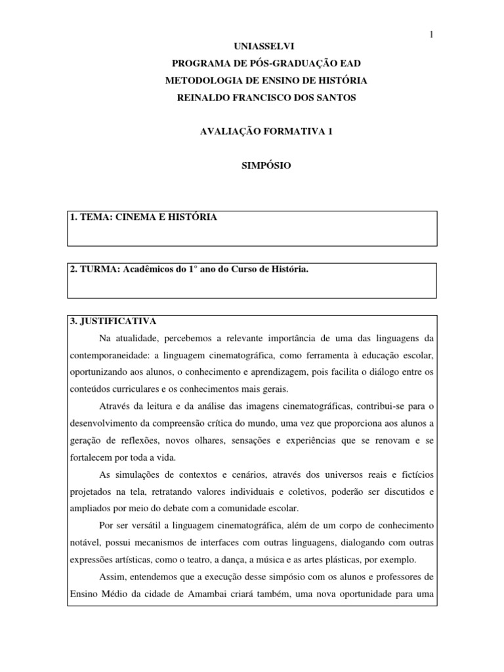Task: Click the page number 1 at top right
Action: point(432,34)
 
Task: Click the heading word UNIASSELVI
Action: point(251,47)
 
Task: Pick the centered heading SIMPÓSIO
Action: point(252,166)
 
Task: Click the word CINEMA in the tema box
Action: point(135,217)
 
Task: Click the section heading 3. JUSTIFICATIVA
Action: point(112,321)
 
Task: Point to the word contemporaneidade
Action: point(106,355)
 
